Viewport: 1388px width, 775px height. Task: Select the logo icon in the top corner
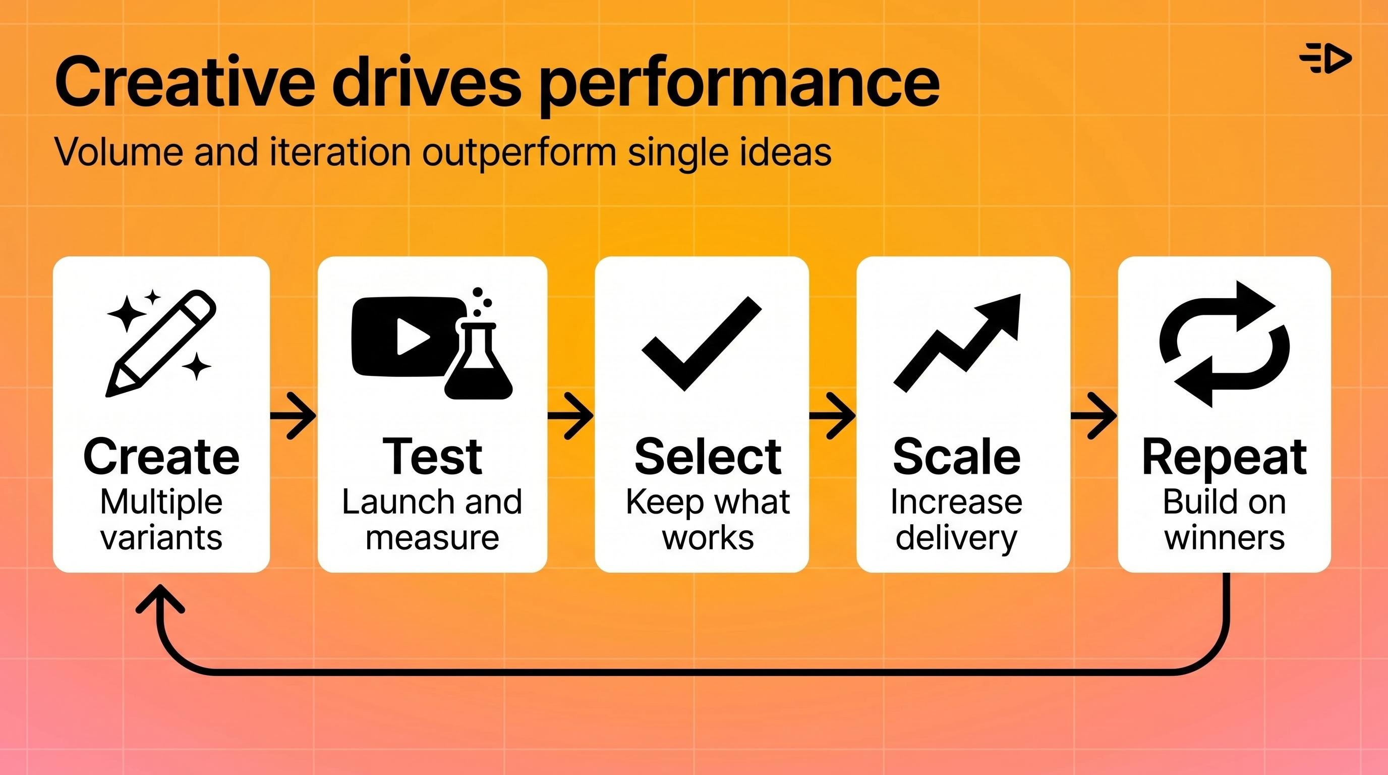(1325, 58)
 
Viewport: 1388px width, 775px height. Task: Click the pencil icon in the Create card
(161, 343)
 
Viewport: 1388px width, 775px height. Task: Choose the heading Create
(161, 457)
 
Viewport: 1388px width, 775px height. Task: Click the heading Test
(432, 457)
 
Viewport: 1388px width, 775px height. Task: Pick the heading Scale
(956, 457)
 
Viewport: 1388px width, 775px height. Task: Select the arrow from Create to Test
(294, 416)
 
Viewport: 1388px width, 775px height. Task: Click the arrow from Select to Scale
(833, 416)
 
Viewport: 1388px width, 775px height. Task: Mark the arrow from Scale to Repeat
(1094, 416)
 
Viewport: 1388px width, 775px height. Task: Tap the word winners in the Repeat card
(1224, 537)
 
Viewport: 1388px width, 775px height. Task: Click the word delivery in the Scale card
(956, 538)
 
